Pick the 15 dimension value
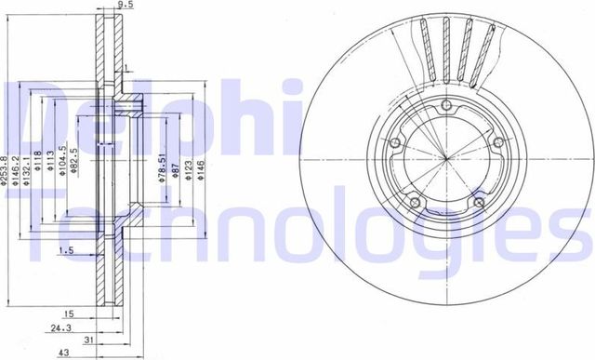(68, 314)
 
